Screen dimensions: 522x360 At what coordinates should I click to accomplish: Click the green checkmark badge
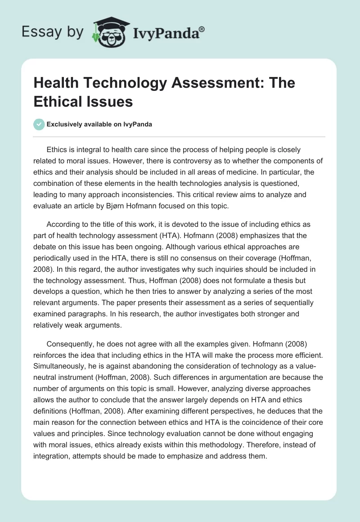(x=39, y=125)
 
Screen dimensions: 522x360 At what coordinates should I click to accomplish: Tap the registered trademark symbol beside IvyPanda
(x=202, y=28)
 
